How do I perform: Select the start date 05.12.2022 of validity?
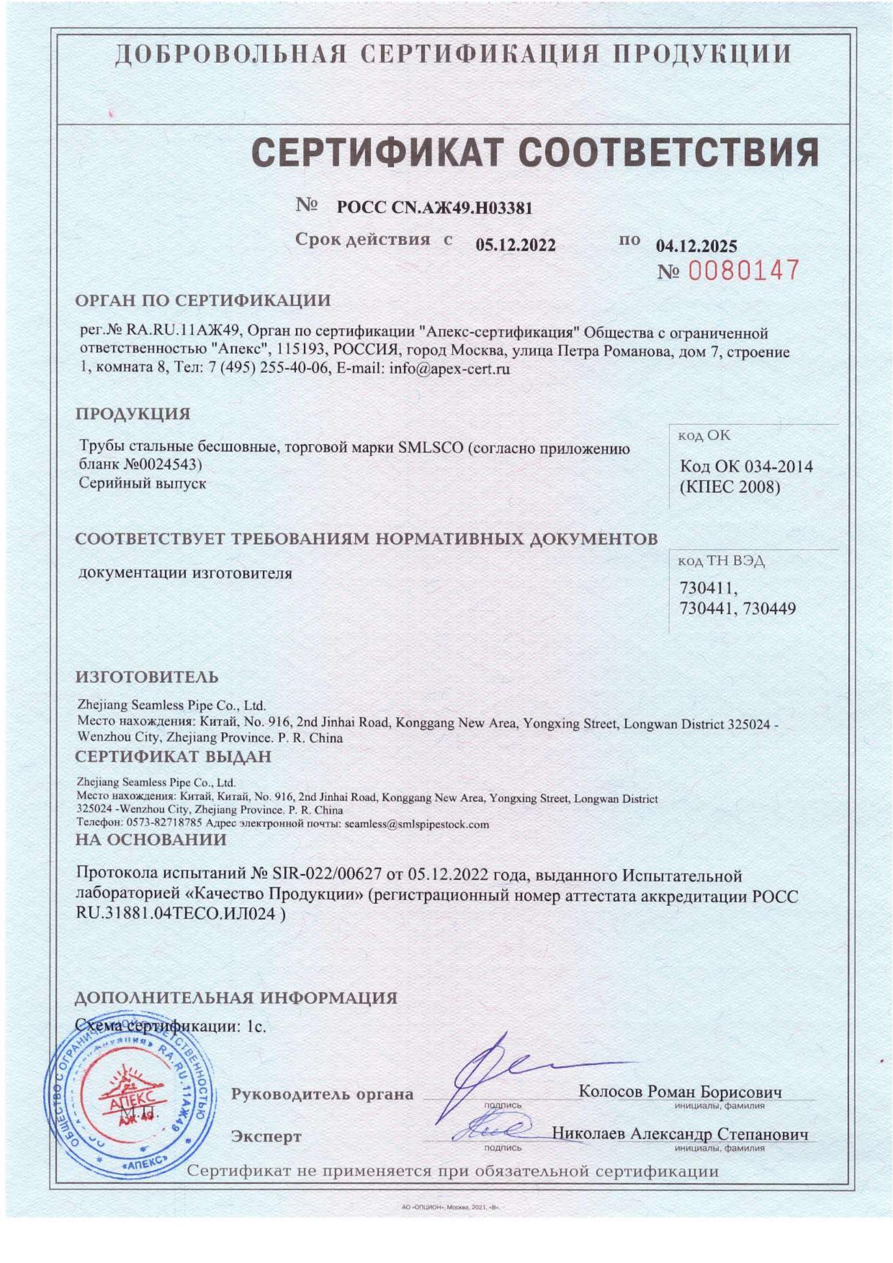[x=515, y=245]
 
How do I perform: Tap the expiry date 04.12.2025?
[x=696, y=245]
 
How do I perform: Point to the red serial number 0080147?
[x=743, y=271]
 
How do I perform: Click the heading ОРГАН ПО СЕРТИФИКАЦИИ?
[x=203, y=300]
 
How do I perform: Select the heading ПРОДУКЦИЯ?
[x=132, y=414]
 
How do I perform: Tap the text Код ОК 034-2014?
[x=746, y=467]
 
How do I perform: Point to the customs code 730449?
[x=769, y=609]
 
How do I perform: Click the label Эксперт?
[x=266, y=1136]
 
